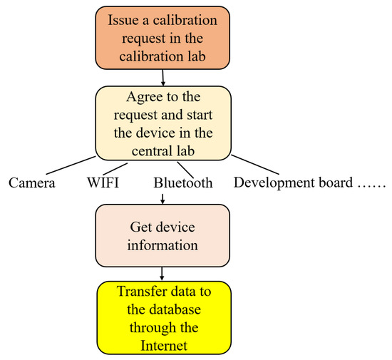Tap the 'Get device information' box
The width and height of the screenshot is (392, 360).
pyautogui.click(x=163, y=236)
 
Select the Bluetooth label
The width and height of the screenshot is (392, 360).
pyautogui.click(x=183, y=183)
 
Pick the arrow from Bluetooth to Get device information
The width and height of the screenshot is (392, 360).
pyautogui.click(x=163, y=197)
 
